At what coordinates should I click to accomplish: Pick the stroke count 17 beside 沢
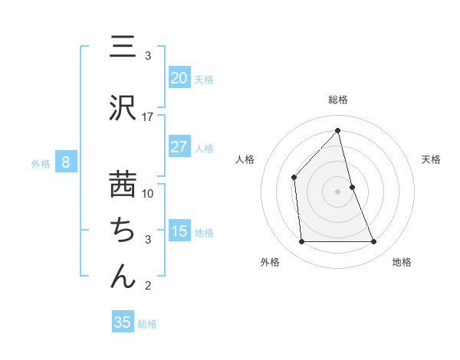coord(148,116)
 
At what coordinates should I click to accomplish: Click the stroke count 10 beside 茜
coord(148,193)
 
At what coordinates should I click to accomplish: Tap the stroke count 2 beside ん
coord(148,286)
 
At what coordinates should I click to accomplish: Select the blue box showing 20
coord(179,78)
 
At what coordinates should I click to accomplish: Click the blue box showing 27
coord(179,147)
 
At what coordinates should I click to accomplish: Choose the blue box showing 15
coord(179,231)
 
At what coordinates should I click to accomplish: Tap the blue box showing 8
coord(66,162)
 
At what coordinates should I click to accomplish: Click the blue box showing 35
coord(122,322)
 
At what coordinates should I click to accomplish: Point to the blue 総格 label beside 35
coord(147,324)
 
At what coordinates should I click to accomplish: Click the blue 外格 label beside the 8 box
coord(41,163)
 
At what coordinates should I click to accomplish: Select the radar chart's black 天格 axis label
coord(432,159)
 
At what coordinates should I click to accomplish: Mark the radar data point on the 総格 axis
coord(338,130)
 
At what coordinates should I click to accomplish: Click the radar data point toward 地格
coord(374,242)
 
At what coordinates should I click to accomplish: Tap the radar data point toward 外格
coord(301,242)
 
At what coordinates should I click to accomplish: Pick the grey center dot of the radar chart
coord(338,191)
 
